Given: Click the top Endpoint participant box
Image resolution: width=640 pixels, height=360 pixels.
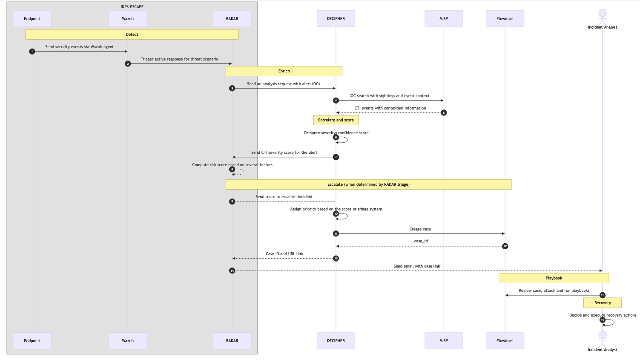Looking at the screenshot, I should click(x=32, y=19).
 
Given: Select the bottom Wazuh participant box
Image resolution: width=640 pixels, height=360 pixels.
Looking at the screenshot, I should click(x=128, y=341).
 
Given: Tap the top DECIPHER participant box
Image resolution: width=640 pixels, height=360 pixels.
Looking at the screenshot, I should click(x=336, y=19).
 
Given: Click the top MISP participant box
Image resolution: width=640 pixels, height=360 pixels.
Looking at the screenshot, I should click(x=443, y=19).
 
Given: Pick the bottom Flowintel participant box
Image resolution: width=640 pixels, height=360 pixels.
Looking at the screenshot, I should click(x=505, y=341).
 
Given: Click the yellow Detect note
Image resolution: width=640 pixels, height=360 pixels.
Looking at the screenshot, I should click(x=132, y=35).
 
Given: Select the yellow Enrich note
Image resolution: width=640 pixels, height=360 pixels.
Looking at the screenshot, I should click(x=284, y=71).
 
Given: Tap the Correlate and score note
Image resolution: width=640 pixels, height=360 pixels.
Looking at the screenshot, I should click(x=336, y=120).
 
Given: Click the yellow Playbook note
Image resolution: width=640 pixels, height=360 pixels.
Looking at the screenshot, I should click(x=554, y=278).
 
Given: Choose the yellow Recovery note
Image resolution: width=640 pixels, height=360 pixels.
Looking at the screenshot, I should click(x=602, y=303).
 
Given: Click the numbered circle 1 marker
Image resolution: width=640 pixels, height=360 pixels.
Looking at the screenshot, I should click(x=32, y=52).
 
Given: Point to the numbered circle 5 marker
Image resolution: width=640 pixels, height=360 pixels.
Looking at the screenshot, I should click(x=443, y=113).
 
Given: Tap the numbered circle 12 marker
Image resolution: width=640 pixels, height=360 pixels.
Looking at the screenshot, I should click(x=505, y=246).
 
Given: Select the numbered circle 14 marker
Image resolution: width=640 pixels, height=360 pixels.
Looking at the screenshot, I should click(x=232, y=271).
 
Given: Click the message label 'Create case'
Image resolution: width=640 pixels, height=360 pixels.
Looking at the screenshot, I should click(x=420, y=229).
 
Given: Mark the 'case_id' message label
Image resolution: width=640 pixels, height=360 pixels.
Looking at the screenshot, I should click(x=421, y=241).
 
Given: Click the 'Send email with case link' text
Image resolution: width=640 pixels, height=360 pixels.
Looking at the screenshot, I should click(x=416, y=266).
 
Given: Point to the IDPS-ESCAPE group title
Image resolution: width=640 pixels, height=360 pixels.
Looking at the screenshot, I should click(x=132, y=7).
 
